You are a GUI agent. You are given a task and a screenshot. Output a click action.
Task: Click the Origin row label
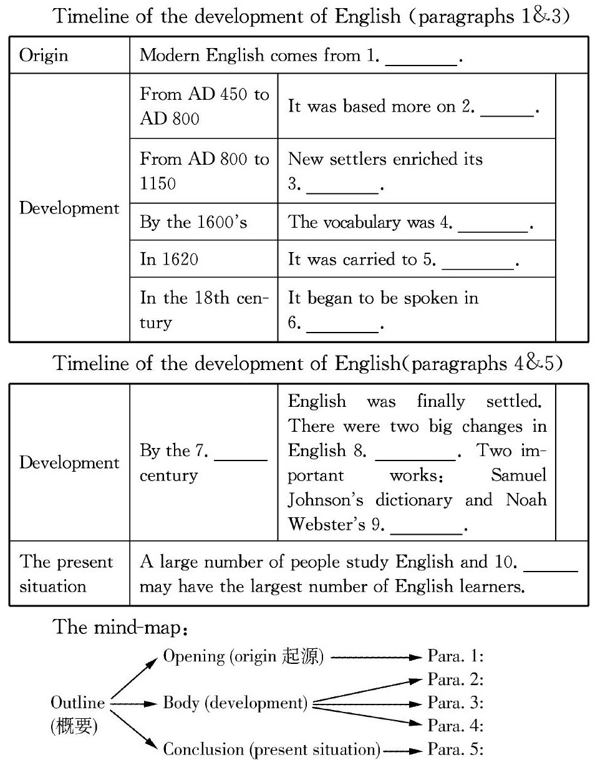coord(43,55)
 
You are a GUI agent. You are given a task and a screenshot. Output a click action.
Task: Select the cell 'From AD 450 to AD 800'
coord(204,106)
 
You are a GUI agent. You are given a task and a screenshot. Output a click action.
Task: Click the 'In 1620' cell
coord(169,259)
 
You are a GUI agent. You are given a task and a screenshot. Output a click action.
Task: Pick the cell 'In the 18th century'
coord(204,309)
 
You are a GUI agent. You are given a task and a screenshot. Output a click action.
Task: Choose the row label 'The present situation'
coord(67,574)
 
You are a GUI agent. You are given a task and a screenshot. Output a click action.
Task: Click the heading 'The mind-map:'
coord(122,627)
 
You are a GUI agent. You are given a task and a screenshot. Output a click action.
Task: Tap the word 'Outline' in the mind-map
coord(77,703)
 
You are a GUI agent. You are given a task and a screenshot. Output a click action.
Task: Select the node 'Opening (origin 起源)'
coord(243,656)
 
